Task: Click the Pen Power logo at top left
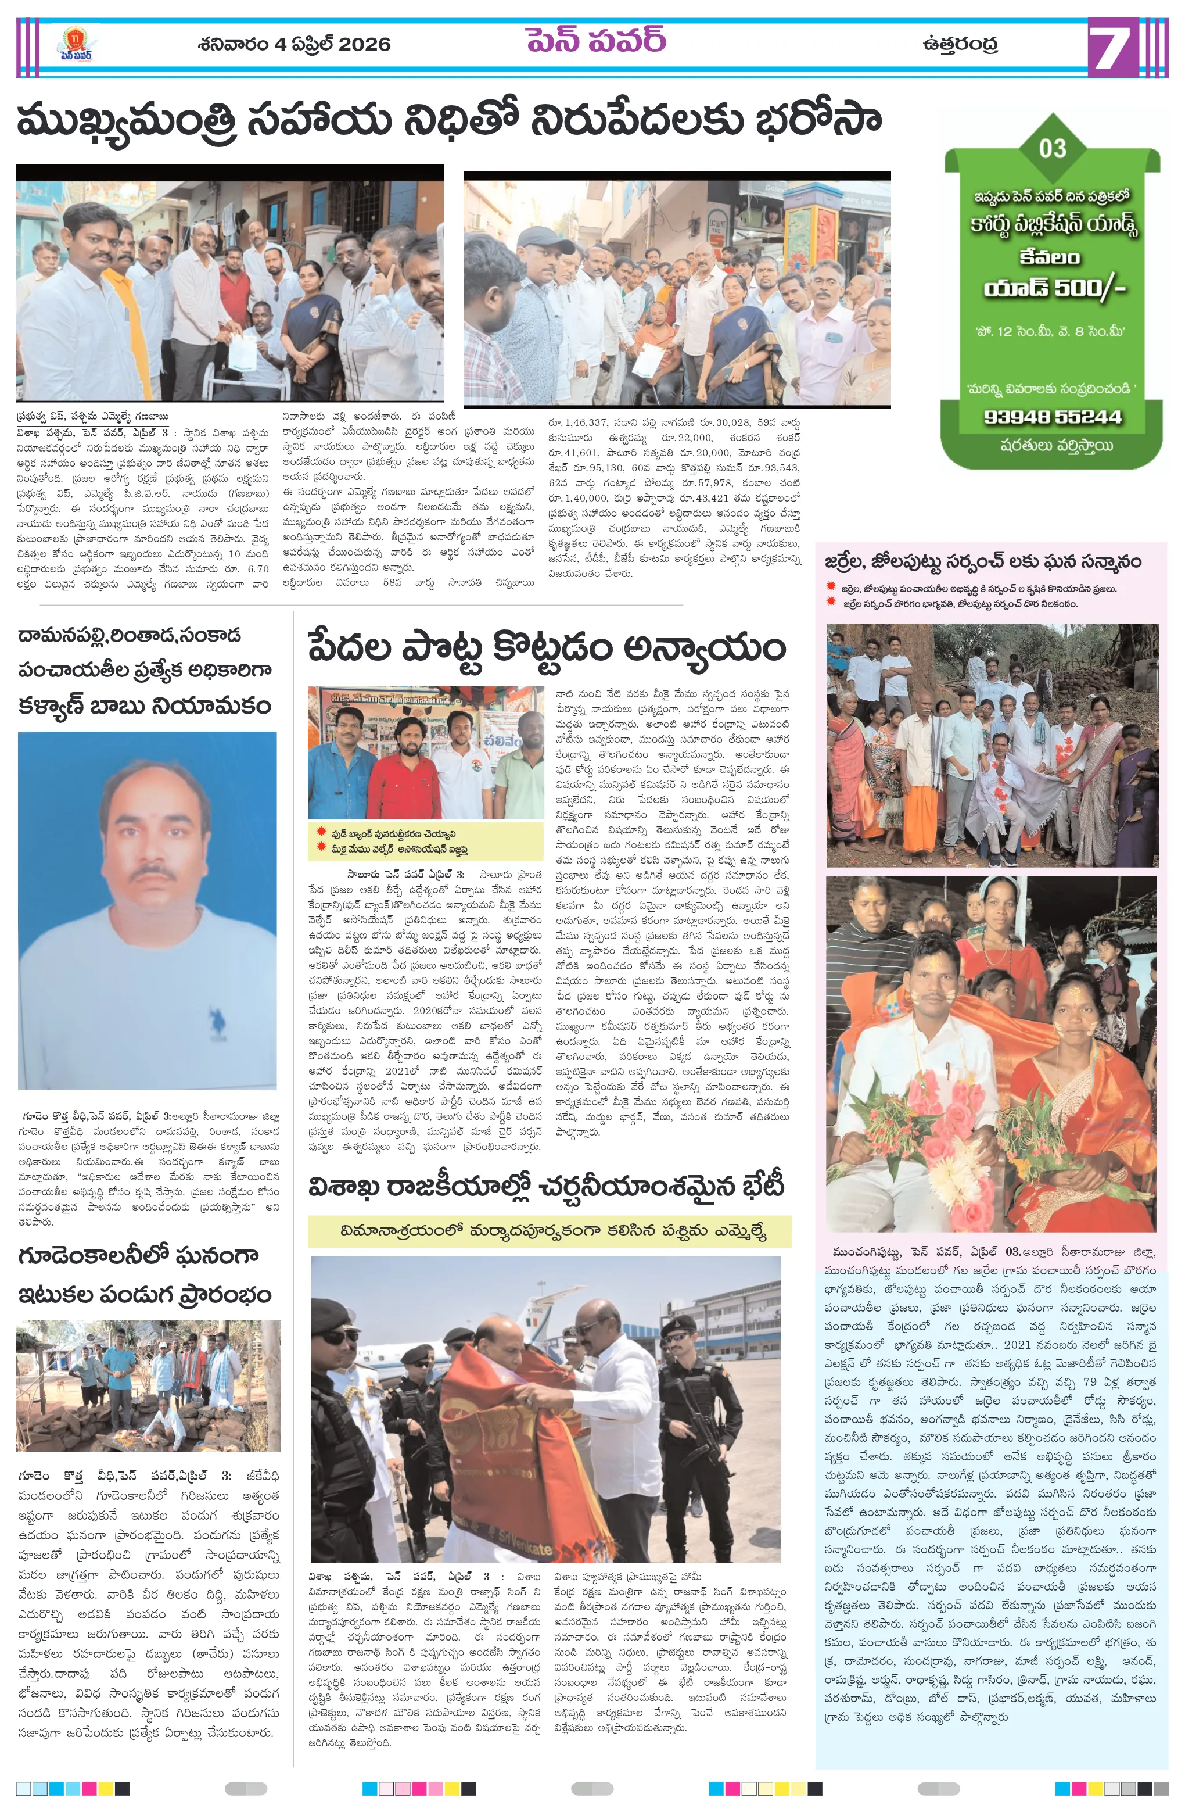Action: click(x=76, y=44)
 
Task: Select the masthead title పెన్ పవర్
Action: click(x=595, y=40)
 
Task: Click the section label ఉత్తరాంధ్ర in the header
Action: click(x=959, y=44)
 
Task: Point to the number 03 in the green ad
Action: click(x=1053, y=148)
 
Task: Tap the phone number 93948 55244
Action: click(x=1053, y=417)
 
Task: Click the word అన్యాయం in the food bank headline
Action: click(x=704, y=649)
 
